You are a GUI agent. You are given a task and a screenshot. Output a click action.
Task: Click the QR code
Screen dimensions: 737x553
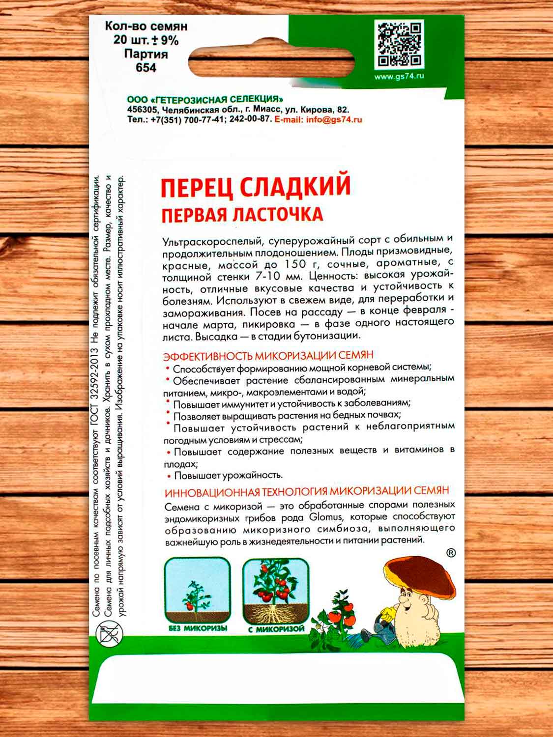click(x=401, y=45)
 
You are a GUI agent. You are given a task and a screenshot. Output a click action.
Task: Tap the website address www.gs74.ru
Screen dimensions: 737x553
click(x=399, y=77)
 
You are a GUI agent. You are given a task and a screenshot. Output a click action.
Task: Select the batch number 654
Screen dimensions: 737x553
click(x=146, y=67)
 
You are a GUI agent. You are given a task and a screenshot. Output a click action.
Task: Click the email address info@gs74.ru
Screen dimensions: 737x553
click(x=334, y=119)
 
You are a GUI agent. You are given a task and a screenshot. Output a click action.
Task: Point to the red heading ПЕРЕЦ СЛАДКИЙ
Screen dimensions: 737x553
click(x=256, y=188)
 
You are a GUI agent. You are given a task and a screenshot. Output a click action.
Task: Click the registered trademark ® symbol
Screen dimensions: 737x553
click(x=450, y=553)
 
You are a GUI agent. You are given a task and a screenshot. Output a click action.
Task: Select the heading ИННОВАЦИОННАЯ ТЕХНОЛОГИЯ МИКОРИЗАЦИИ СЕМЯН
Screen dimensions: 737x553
click(x=307, y=492)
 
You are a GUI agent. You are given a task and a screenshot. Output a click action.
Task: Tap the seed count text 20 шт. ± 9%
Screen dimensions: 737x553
click(x=146, y=40)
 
